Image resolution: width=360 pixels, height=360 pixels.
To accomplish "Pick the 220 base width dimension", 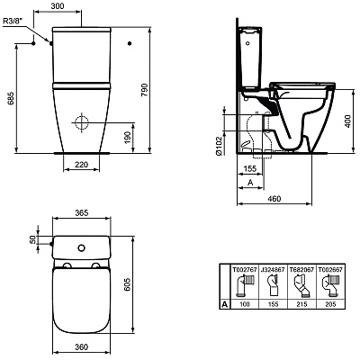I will click(80, 165).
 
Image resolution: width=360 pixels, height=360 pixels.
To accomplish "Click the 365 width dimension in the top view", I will click(82, 213).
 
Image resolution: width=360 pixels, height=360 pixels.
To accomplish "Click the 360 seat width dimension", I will click(81, 347).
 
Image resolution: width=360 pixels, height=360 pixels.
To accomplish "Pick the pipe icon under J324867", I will click(274, 287).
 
